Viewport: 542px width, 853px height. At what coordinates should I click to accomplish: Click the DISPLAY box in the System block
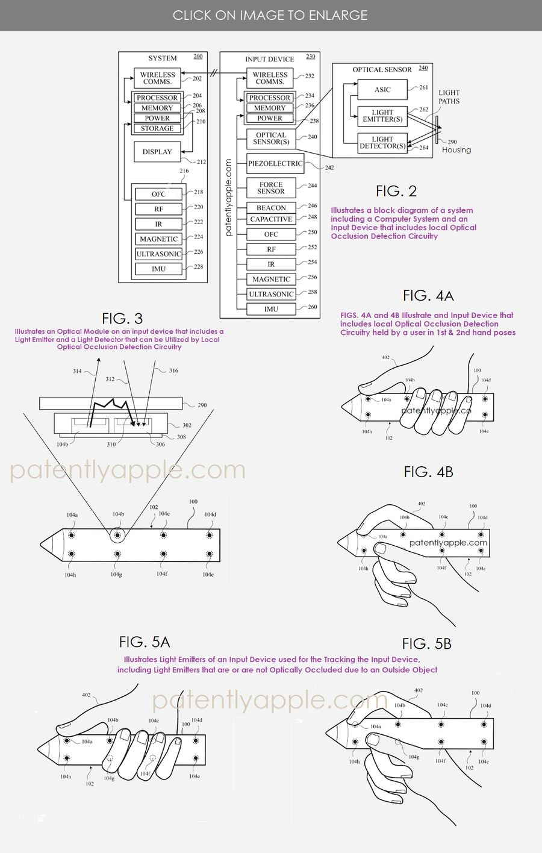point(157,152)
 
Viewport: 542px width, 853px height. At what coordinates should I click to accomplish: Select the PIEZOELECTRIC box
point(275,164)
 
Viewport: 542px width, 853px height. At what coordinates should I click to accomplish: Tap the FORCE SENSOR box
point(271,188)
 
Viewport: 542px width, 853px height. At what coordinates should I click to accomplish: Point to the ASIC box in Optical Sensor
point(382,90)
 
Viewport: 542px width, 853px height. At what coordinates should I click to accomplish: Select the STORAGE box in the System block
point(157,128)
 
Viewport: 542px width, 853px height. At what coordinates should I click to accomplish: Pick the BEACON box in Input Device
point(271,208)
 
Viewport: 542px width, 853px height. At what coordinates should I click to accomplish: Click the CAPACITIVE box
point(271,219)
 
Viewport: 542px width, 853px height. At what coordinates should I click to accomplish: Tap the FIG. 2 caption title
point(396,191)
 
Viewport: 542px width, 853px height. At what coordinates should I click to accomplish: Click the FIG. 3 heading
point(122,318)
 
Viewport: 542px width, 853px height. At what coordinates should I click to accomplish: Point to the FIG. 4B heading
point(428,472)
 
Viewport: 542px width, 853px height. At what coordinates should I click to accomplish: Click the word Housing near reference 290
point(456,150)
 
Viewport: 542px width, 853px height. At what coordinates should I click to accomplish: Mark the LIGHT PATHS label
point(449,97)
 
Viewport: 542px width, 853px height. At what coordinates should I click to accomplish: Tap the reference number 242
point(329,168)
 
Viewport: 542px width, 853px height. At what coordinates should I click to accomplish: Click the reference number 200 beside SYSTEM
point(198,57)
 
